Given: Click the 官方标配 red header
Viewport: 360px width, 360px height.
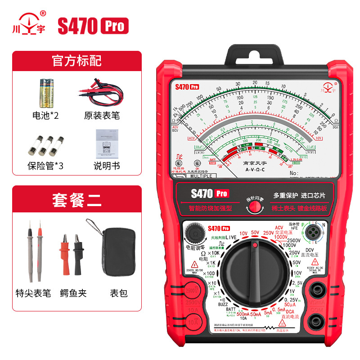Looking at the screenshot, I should pos(76,60).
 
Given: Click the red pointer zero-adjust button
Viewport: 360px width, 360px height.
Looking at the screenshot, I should pos(255,207).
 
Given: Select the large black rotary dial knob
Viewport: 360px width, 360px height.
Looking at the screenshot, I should pos(255,273).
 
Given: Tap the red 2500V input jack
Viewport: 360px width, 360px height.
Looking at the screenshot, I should pos(192,290).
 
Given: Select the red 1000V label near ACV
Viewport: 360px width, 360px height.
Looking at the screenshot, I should pos(280,237).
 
